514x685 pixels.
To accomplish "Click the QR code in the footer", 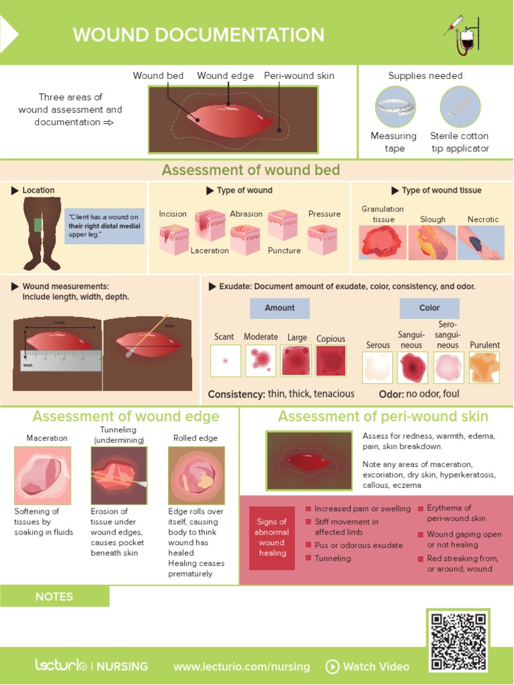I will pyautogui.click(x=459, y=641).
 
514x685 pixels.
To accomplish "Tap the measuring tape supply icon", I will pyautogui.click(x=395, y=107).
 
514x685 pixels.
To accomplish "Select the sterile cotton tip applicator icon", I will pyautogui.click(x=460, y=107).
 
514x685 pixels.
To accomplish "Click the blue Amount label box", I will pyautogui.click(x=280, y=308).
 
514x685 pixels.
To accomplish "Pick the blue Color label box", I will pyautogui.click(x=430, y=308).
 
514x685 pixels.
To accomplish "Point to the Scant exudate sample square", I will pyautogui.click(x=226, y=361).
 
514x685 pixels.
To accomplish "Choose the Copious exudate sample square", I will pyautogui.click(x=331, y=361).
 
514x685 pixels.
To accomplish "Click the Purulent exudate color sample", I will pyautogui.click(x=485, y=367).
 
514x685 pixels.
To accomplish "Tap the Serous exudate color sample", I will pyautogui.click(x=377, y=367).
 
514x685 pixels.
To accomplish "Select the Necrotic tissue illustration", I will pyautogui.click(x=481, y=243).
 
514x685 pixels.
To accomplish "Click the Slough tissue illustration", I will pyautogui.click(x=432, y=243).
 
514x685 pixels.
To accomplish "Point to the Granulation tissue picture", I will pyautogui.click(x=383, y=243).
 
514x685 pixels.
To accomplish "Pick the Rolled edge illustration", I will pyautogui.click(x=196, y=475).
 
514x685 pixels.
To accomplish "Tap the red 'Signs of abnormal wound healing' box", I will pyautogui.click(x=272, y=538).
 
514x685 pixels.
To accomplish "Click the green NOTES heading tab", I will pyautogui.click(x=55, y=596).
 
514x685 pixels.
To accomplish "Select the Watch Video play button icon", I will pyautogui.click(x=332, y=666).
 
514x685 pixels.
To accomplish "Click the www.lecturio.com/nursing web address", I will pyautogui.click(x=242, y=666).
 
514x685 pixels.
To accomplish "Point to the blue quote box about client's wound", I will pyautogui.click(x=104, y=226).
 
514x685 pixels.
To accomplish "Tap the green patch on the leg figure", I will pyautogui.click(x=37, y=225).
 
